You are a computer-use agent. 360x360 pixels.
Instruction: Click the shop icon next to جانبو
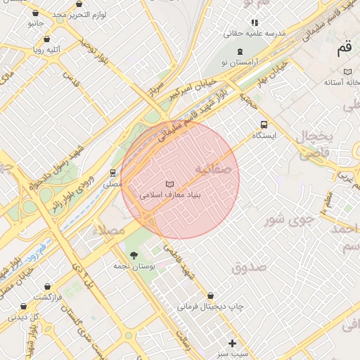coord(49,22)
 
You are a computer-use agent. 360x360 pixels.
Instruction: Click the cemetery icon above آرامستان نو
coord(240,51)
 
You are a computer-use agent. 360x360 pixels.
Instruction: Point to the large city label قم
coord(344,49)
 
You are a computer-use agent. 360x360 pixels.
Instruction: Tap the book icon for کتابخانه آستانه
coord(347,72)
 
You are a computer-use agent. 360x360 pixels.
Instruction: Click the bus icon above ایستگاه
coord(264,124)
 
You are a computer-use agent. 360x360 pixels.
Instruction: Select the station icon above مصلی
coord(112,172)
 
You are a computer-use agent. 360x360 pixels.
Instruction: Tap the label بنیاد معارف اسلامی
coord(171,194)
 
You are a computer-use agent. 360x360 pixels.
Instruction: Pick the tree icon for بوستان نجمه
coord(134,255)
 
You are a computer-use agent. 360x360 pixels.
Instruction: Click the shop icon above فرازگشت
coord(47,287)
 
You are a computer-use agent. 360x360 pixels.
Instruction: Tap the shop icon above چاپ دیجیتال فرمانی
coord(210,296)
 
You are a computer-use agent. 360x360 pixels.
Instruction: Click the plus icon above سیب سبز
coord(233,342)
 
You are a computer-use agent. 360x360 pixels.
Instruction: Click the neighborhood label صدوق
coord(248,267)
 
